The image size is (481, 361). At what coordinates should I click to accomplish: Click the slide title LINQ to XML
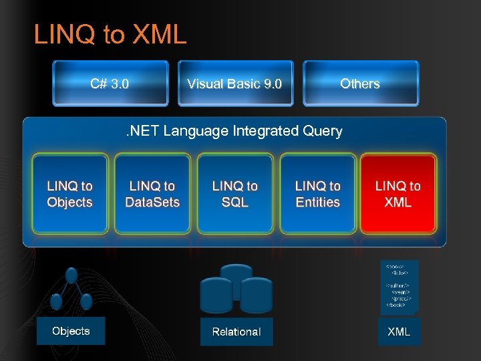pos(110,35)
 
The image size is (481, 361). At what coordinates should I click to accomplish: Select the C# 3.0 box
pos(110,84)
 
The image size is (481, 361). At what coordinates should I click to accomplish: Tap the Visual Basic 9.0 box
pos(235,84)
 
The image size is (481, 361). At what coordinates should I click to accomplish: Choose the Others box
pos(360,84)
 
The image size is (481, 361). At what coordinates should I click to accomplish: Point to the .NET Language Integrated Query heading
pos(234,131)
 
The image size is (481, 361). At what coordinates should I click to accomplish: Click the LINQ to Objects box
pos(70,194)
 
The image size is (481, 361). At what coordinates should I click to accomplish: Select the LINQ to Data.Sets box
pos(152,194)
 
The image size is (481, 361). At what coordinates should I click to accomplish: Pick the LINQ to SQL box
pos(235,194)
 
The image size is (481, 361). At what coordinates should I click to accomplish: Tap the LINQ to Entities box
pos(318,194)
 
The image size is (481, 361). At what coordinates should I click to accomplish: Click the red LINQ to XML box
pos(398,194)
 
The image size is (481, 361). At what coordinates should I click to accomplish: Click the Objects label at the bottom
pos(71,331)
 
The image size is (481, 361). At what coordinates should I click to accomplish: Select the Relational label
pos(236,332)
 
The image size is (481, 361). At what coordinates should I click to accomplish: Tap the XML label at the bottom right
pos(399,332)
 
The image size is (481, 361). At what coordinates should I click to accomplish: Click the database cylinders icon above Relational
pos(236,289)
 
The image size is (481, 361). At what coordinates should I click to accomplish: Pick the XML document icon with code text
pos(399,286)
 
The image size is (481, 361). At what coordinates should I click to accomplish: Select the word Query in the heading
pos(322,131)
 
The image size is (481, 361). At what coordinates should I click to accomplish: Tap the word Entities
pos(318,203)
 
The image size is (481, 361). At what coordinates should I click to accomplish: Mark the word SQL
pos(235,203)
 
